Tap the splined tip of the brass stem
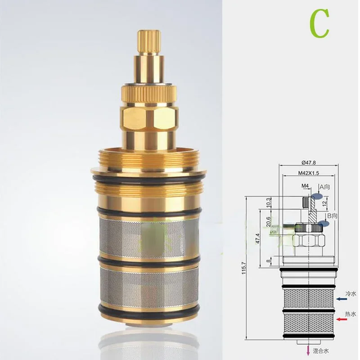(x=148, y=41)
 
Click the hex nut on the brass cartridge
(x=148, y=118)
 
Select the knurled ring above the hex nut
(x=148, y=93)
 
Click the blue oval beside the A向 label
(x=317, y=196)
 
